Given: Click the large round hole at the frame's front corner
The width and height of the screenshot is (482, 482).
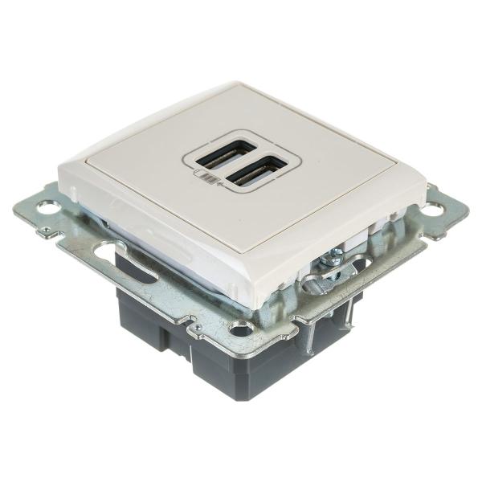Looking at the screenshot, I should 239,327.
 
